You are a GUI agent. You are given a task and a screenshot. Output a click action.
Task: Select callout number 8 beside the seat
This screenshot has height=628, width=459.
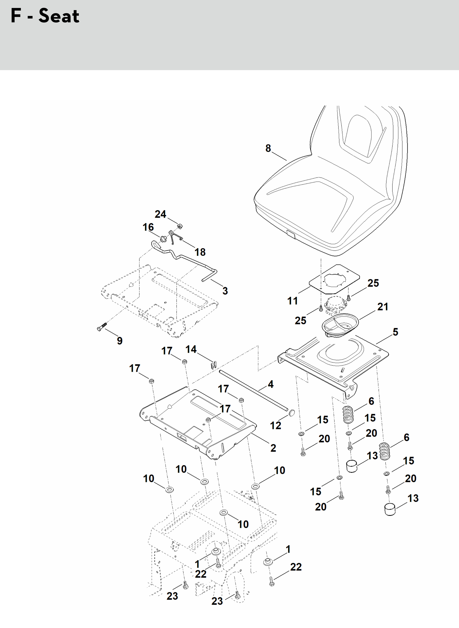pos(268,148)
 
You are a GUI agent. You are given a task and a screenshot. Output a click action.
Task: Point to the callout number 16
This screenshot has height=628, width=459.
pos(148,227)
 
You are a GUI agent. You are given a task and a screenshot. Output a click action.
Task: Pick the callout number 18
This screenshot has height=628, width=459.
pos(200,252)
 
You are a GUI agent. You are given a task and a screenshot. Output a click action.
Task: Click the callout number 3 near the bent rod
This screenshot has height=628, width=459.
pos(225,291)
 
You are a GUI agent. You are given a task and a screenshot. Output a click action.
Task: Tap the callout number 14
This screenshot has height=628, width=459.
pos(191,349)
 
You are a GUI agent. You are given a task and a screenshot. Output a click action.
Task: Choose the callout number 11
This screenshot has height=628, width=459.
pos(292,301)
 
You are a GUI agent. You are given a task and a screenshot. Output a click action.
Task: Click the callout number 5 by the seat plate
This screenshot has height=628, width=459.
pos(395,332)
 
